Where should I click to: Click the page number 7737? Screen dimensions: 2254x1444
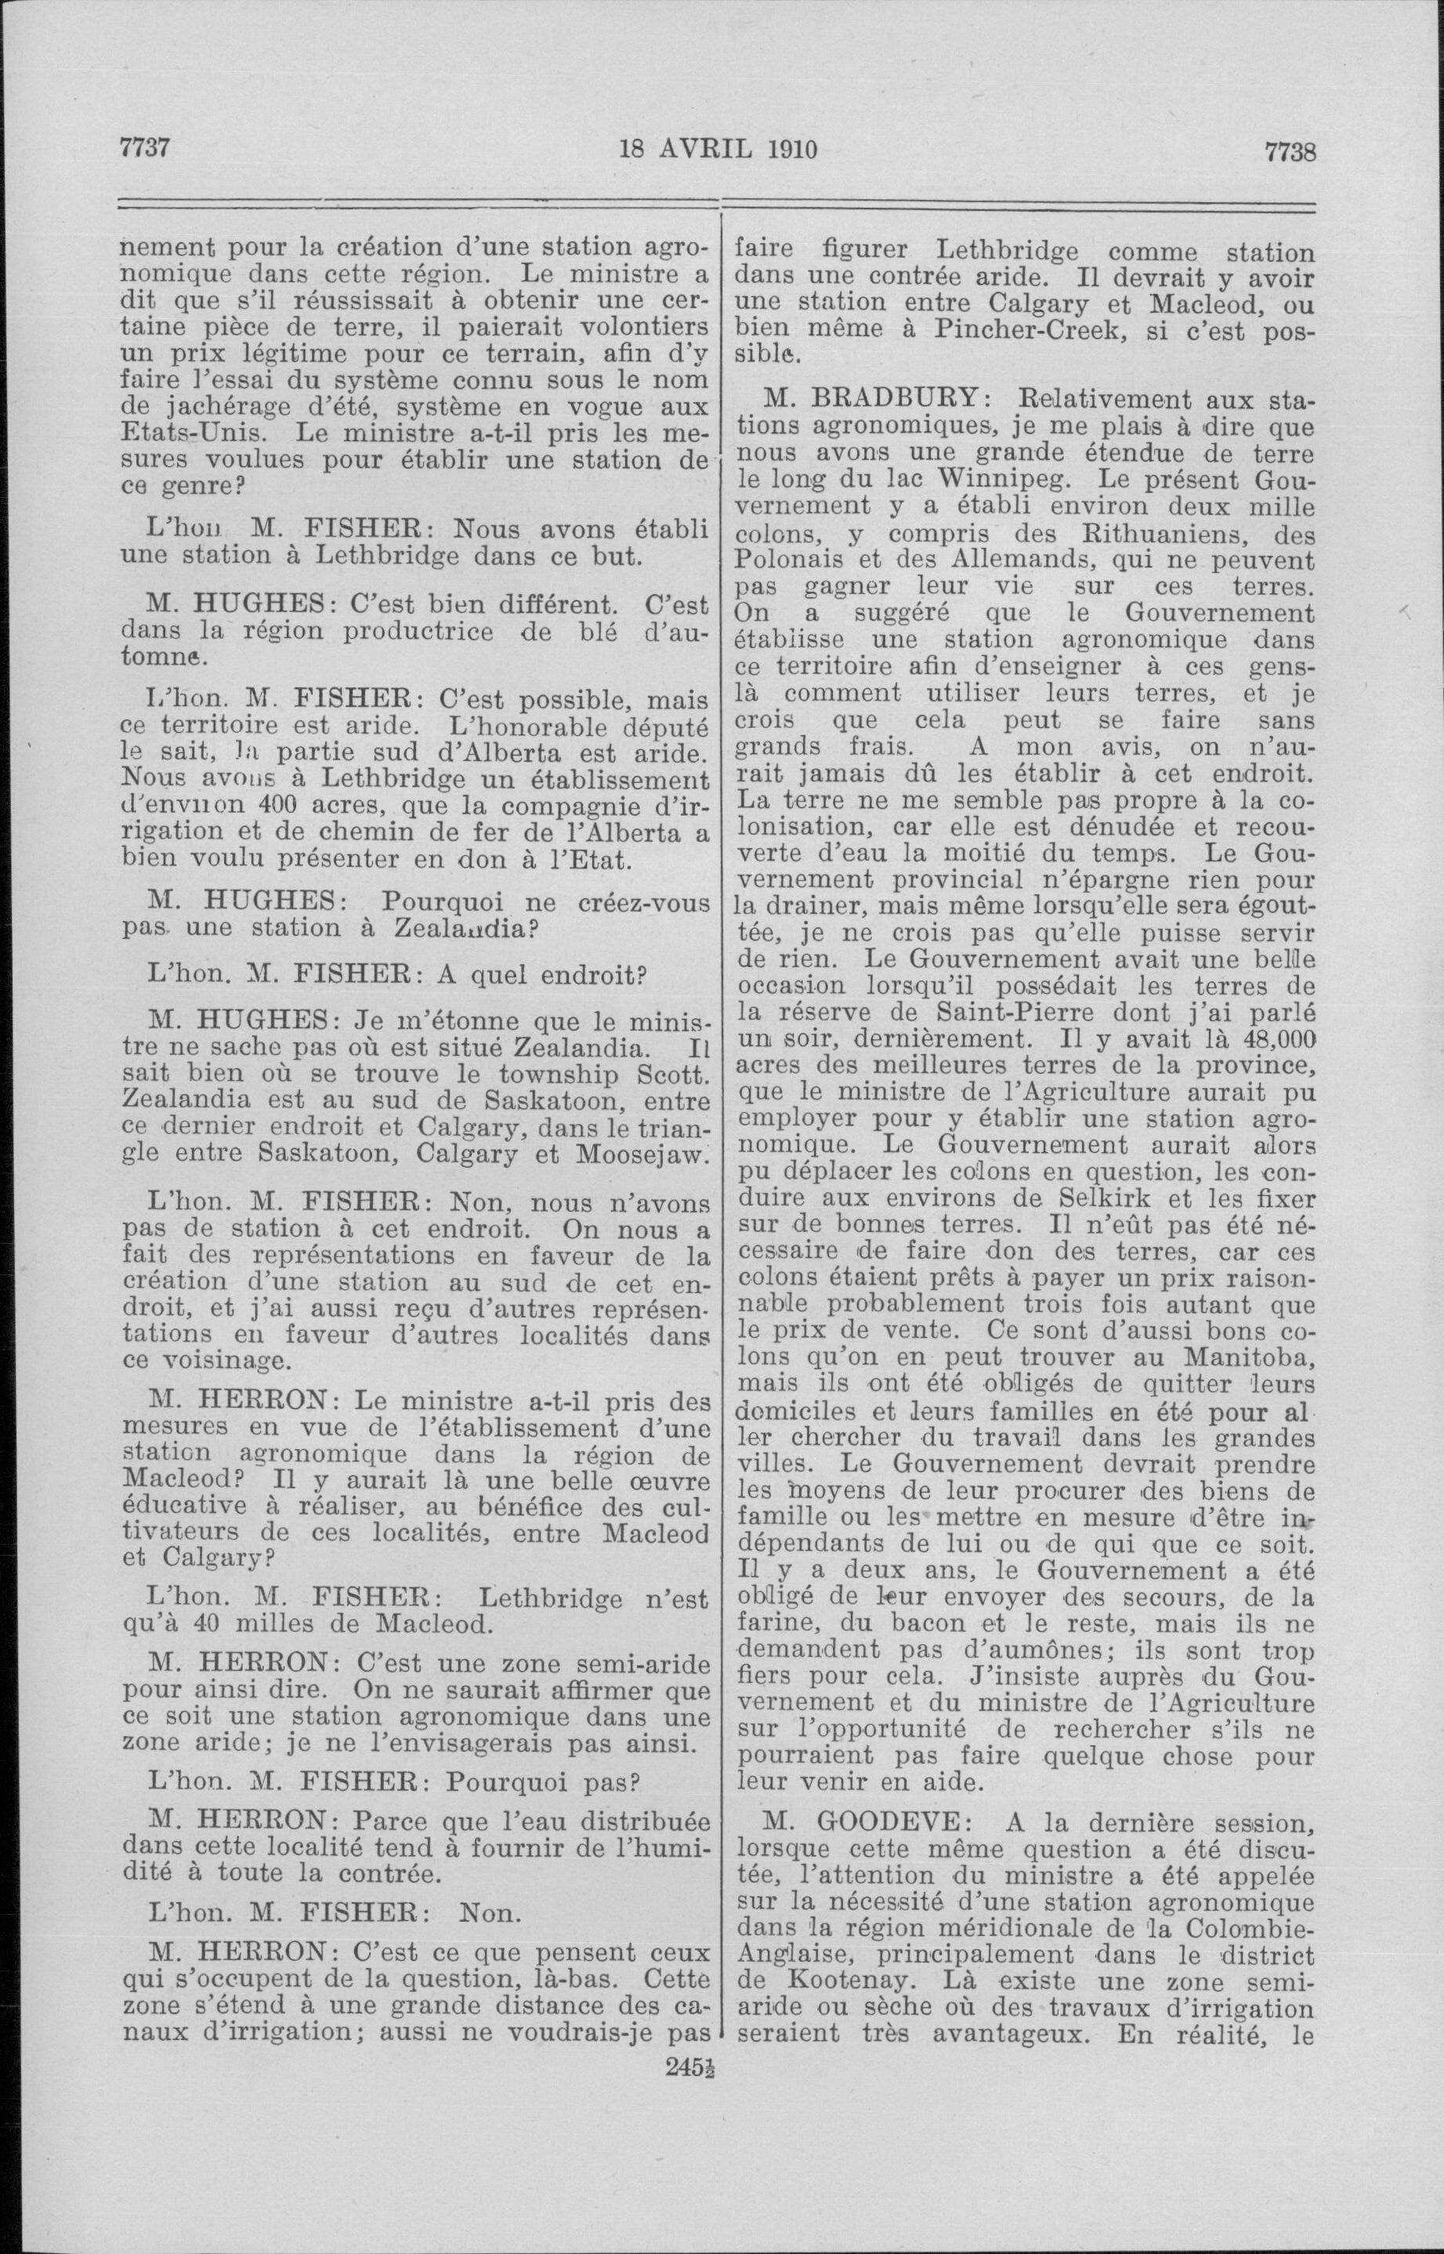click(144, 148)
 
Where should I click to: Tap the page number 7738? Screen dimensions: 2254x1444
click(1290, 151)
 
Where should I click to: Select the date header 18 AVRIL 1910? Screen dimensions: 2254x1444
click(718, 149)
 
